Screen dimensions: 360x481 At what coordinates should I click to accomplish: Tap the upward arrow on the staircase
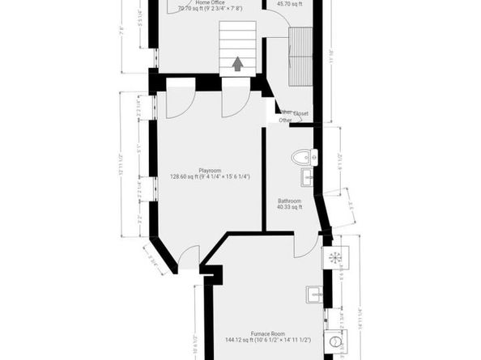click(x=238, y=63)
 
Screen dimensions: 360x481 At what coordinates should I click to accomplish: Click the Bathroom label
click(x=289, y=201)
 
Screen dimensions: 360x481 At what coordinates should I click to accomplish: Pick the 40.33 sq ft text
click(x=289, y=207)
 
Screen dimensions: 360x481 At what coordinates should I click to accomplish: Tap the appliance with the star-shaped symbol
click(x=333, y=256)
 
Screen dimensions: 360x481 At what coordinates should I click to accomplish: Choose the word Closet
click(x=301, y=114)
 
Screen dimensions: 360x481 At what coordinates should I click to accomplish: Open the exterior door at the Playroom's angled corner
click(x=188, y=259)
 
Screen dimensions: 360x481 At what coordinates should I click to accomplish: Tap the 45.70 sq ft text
click(x=289, y=4)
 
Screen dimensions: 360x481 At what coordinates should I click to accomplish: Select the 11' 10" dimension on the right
click(x=331, y=55)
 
